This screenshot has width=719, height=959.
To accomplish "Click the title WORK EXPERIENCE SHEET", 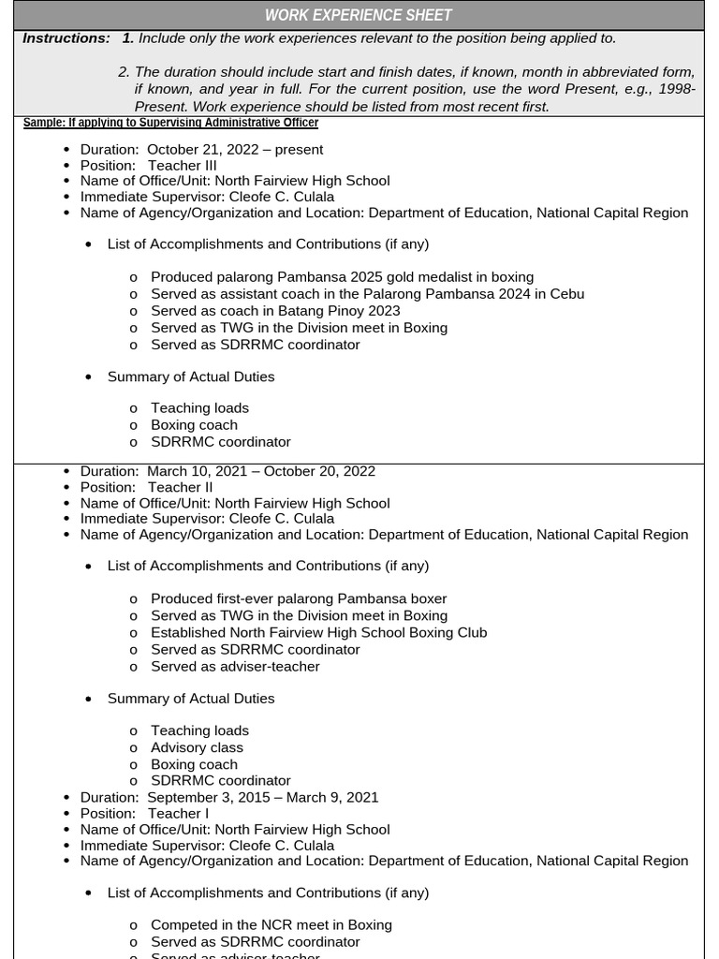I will [x=359, y=15].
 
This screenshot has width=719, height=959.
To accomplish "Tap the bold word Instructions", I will [x=66, y=38].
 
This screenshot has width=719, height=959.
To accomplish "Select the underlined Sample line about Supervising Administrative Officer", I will [x=170, y=123].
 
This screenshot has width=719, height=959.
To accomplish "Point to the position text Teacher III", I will [x=182, y=165].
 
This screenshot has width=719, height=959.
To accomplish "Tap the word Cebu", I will [x=565, y=294].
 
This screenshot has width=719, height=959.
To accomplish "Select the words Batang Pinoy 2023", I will [x=339, y=311].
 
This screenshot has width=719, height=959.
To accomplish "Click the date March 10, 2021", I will [x=197, y=471].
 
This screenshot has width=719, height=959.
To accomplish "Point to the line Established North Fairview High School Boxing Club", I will [x=318, y=632].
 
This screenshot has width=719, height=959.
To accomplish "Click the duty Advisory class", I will [x=197, y=747].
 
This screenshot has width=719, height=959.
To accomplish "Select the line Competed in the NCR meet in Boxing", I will [x=271, y=924].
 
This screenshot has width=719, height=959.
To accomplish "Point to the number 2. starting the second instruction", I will [x=124, y=72].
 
